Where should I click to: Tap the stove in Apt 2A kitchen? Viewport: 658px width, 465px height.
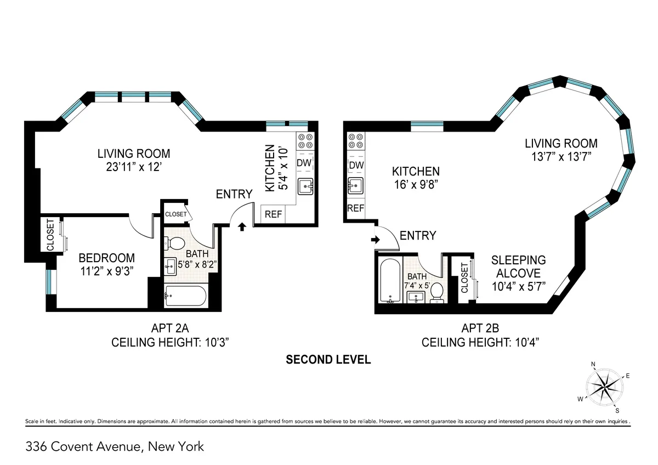(x=305, y=141)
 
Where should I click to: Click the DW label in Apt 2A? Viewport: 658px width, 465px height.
(x=304, y=163)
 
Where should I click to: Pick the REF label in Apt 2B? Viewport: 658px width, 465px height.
(x=355, y=208)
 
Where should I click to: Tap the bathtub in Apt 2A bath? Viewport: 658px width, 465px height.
(x=185, y=297)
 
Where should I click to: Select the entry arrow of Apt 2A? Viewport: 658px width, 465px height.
(x=241, y=226)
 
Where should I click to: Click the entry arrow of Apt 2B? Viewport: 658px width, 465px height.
(x=376, y=240)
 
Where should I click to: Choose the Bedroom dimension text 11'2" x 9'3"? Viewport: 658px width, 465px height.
(x=106, y=270)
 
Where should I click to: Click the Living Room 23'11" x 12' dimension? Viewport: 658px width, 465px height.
(x=134, y=167)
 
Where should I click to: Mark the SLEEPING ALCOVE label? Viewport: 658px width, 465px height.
(x=518, y=266)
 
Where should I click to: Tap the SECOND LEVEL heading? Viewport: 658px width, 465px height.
(x=328, y=360)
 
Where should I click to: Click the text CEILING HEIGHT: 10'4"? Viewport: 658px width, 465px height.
(x=480, y=343)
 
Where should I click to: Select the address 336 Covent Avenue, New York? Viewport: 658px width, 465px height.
(x=115, y=447)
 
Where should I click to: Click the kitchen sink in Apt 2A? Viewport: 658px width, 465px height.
(x=305, y=187)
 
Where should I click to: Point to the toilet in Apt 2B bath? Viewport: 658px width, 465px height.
(x=437, y=292)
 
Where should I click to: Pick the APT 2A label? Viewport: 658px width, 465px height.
(x=170, y=328)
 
